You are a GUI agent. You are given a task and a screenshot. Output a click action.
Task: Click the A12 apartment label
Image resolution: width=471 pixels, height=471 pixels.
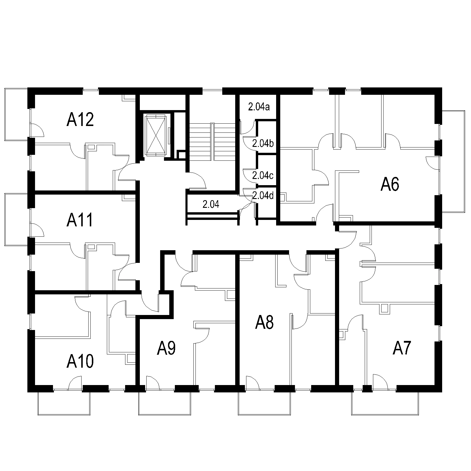click(x=80, y=120)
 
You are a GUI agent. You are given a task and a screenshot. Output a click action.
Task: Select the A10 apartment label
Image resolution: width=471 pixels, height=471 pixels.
click(x=80, y=361)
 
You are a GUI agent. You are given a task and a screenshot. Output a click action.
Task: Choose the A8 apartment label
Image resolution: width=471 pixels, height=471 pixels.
click(x=264, y=322)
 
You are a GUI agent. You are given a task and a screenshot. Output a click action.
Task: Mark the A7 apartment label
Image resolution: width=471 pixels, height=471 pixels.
click(x=402, y=349)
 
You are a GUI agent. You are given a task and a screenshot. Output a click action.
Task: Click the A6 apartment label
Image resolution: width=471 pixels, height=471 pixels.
click(x=390, y=185)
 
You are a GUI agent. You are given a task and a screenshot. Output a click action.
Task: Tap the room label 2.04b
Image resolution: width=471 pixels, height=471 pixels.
click(x=263, y=144)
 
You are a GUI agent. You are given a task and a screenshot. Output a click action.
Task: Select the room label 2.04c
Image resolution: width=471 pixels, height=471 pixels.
click(x=263, y=176)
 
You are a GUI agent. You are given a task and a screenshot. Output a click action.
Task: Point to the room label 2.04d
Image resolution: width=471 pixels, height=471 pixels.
click(x=263, y=195)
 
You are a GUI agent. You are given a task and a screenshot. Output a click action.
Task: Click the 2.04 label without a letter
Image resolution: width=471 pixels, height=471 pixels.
click(x=211, y=204)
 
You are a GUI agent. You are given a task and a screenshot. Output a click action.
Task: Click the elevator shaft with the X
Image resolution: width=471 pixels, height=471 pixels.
click(x=156, y=136)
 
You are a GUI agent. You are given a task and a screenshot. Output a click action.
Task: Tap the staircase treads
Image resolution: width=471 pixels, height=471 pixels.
click(x=212, y=142)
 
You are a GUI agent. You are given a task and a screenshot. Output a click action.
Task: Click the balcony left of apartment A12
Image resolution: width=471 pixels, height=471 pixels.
click(x=17, y=115)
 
